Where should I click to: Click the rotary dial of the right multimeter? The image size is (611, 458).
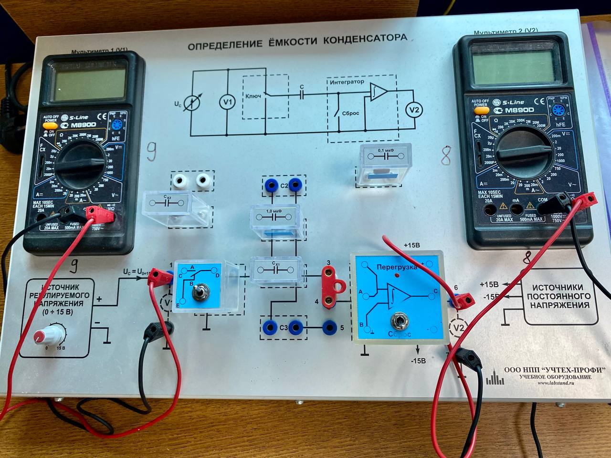click(x=524, y=153)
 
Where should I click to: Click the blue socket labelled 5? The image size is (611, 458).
click(x=329, y=327)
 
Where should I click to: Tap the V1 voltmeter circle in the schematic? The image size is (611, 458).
click(x=227, y=102)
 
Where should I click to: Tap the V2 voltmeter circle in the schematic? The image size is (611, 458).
click(x=414, y=110)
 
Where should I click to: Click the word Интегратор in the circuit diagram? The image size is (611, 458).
click(x=347, y=82)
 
